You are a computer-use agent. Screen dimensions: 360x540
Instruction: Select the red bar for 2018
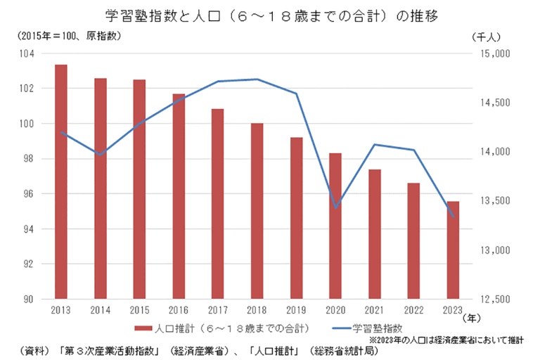tap(257, 211)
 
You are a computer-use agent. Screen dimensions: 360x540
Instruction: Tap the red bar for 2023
tap(452, 250)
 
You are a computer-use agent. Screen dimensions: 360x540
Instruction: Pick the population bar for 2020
tap(335, 226)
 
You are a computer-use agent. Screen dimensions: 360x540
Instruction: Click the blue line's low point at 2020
tap(335, 207)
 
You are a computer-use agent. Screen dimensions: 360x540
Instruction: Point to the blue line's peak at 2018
tap(257, 79)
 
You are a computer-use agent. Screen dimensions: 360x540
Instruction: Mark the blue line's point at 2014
tap(101, 155)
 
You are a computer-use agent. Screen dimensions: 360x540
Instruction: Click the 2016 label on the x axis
tap(179, 310)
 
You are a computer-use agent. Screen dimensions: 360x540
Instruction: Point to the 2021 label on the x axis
tap(374, 310)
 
